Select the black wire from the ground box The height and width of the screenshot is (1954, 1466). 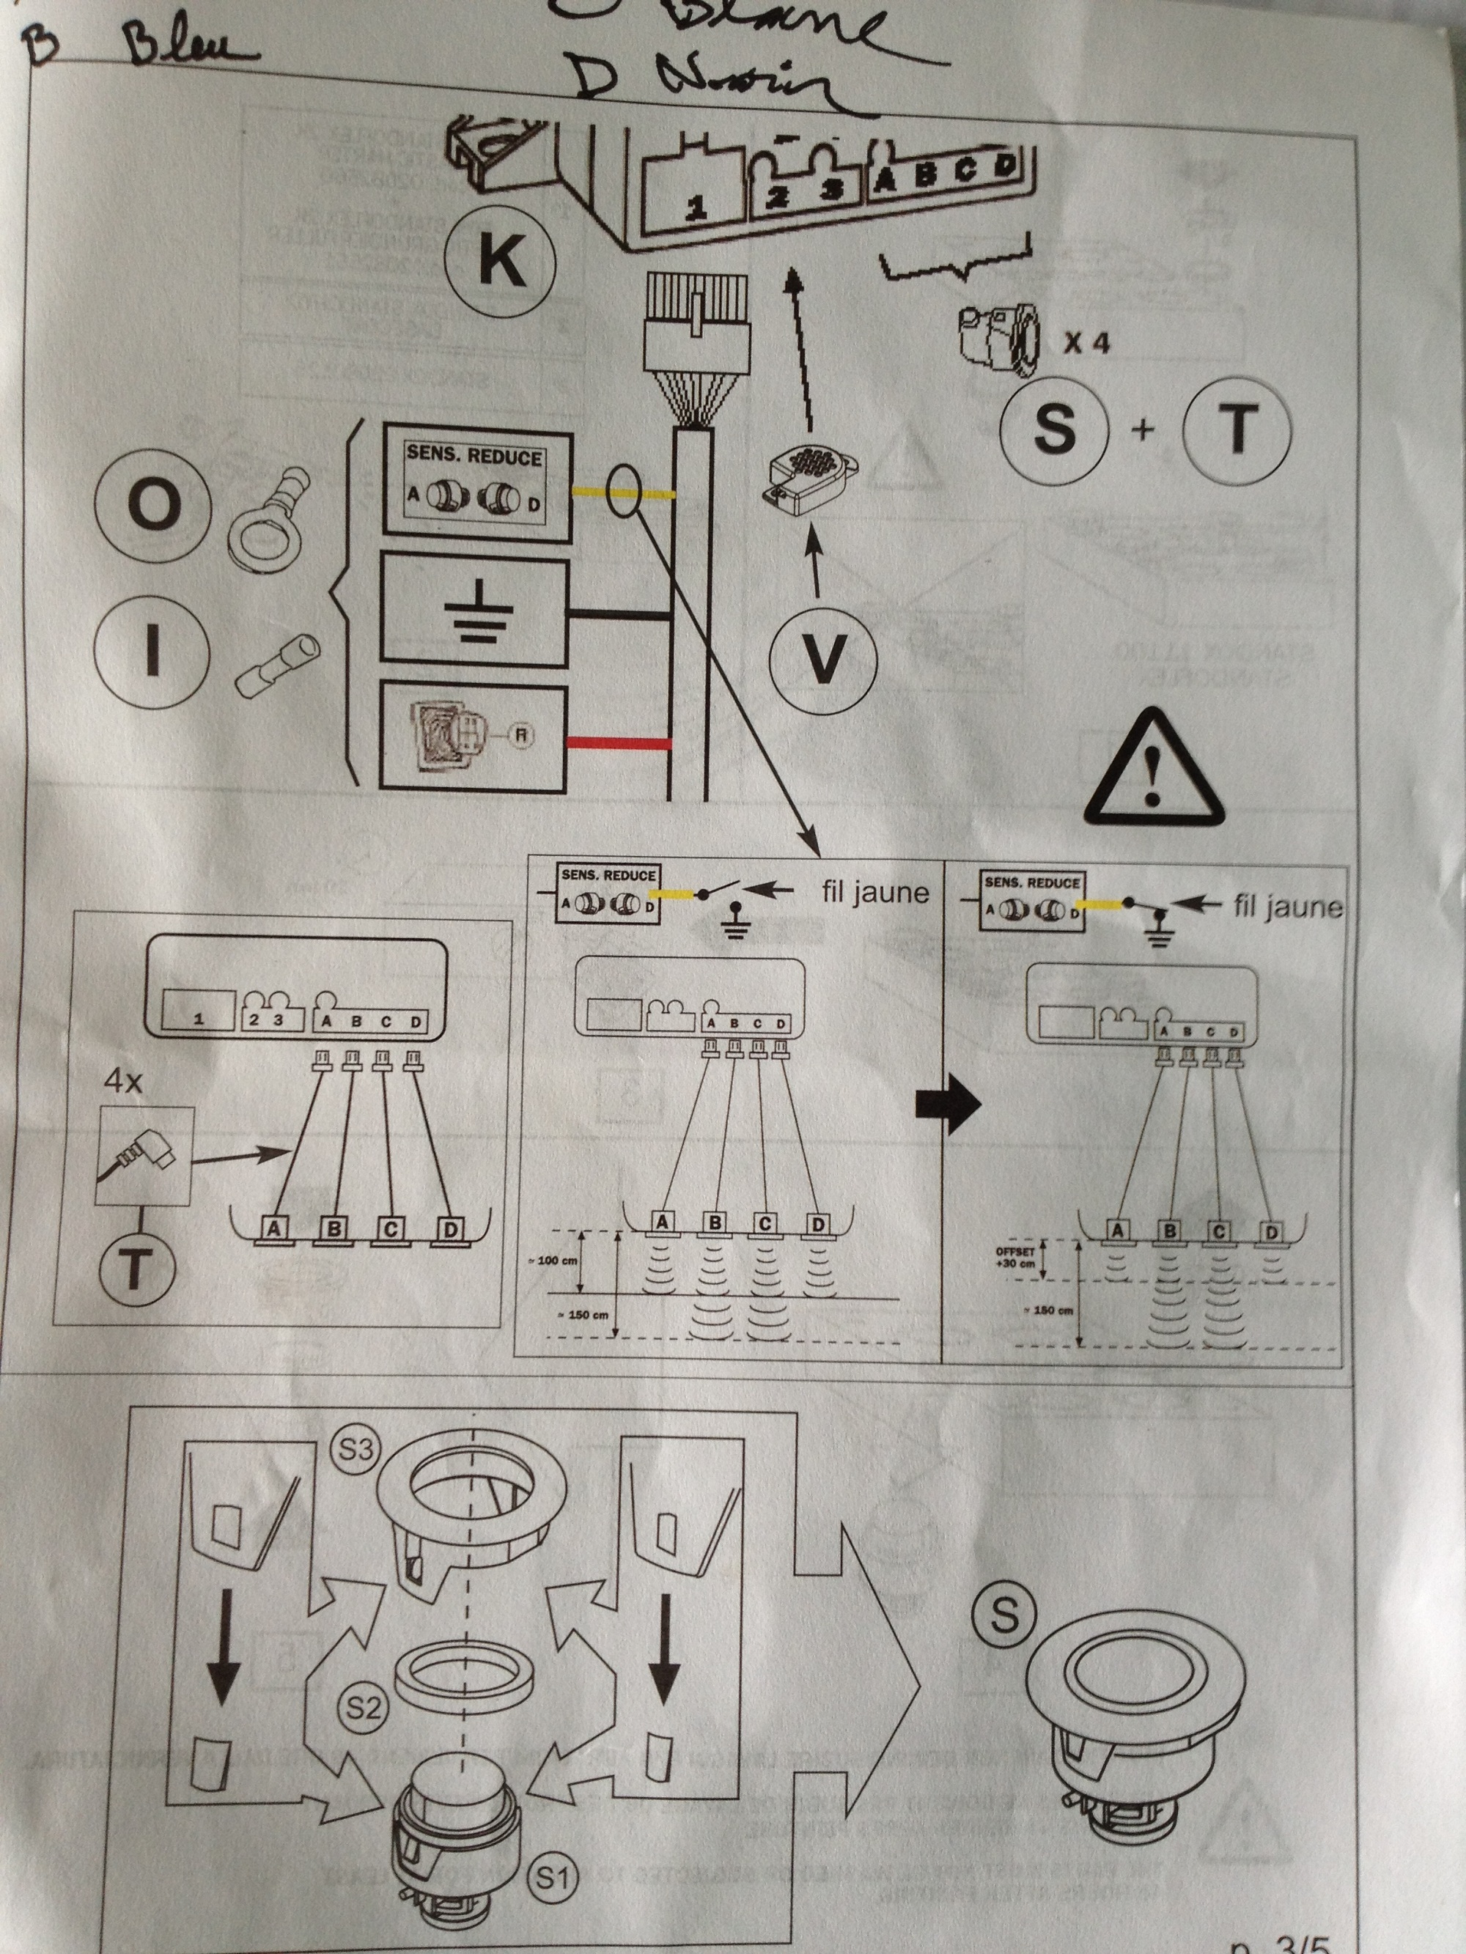618,611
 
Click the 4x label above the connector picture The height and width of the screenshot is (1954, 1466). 124,1081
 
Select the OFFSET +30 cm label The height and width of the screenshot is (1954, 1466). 1013,1257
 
